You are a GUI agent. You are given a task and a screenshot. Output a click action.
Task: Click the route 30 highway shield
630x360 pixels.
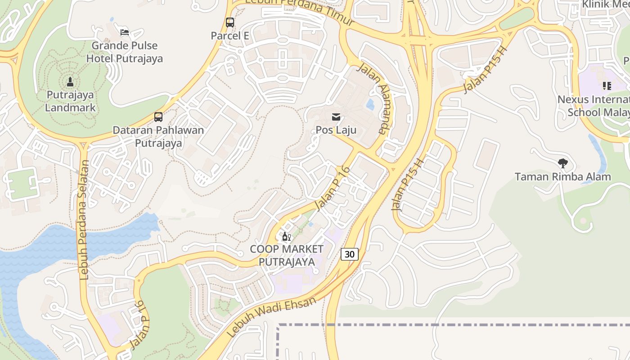click(349, 254)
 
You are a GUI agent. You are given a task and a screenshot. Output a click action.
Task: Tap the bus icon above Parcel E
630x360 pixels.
click(230, 22)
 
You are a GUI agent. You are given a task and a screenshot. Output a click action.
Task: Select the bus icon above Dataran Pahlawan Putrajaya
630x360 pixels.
click(158, 117)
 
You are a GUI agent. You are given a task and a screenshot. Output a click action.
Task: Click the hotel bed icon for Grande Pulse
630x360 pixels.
click(125, 32)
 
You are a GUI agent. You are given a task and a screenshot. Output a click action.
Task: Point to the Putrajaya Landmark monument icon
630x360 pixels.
click(70, 82)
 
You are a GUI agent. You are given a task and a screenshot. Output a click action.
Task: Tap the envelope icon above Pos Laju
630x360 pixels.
click(336, 117)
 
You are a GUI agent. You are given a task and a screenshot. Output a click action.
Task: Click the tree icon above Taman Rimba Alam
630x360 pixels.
click(562, 163)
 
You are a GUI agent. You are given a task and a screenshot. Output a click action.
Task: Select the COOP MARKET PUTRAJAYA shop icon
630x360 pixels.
click(286, 236)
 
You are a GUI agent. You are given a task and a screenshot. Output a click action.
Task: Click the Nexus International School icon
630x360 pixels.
click(607, 85)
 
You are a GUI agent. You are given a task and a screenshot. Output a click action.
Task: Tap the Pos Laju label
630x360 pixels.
click(336, 130)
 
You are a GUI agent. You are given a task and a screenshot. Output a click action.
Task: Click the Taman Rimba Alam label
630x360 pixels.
click(562, 177)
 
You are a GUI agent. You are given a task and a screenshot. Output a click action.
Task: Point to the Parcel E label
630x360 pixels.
click(230, 36)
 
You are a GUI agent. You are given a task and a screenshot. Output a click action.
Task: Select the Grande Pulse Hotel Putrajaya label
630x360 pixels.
click(125, 52)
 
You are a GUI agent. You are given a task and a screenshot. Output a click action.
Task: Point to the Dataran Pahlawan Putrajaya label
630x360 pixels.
click(158, 137)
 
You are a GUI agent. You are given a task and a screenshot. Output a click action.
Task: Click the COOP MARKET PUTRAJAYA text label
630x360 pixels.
click(286, 255)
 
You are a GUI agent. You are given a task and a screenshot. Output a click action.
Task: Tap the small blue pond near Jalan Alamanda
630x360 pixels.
click(370, 105)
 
